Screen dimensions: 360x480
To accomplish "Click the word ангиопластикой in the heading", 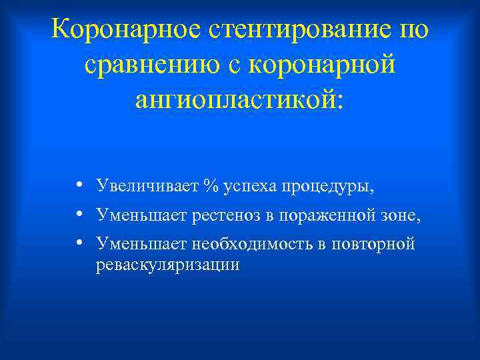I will point(238,99).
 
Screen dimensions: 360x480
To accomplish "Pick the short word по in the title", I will point(415,30).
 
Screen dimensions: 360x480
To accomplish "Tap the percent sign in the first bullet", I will point(212,185).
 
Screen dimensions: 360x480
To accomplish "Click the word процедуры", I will point(326,185).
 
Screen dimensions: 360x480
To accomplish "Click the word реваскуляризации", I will point(167,265).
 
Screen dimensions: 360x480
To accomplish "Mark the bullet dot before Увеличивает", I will point(79,185).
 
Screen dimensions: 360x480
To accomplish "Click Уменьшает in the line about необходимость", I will point(142,244).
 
